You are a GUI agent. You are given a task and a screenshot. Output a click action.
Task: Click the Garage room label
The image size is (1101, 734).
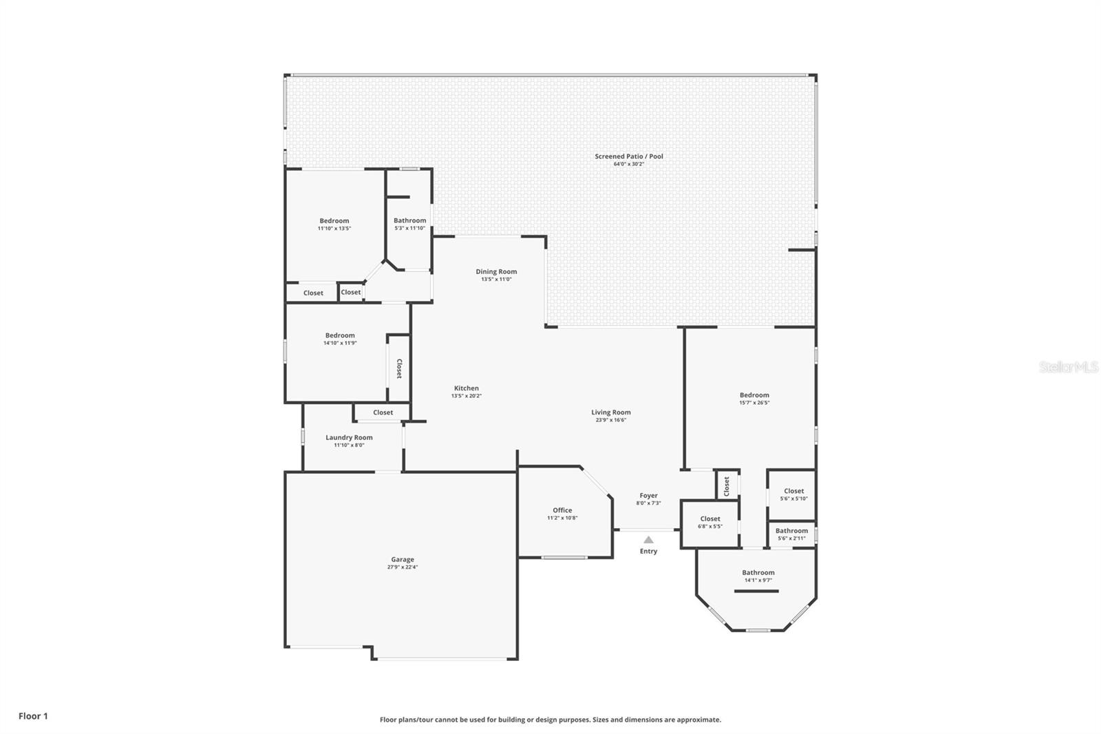[x=403, y=560]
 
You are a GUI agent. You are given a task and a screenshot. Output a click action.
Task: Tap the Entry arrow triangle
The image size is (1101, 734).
[x=648, y=540]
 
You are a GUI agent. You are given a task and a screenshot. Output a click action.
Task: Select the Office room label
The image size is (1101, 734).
[x=562, y=510]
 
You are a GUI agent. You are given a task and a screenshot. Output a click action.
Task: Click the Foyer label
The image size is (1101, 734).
[x=648, y=495]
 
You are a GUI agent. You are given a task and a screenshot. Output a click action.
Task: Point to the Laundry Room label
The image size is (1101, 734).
[x=349, y=437]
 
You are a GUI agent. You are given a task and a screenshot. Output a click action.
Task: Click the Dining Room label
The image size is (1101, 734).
[x=496, y=271]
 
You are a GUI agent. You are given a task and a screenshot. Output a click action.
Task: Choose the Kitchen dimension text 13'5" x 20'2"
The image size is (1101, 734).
[x=466, y=396]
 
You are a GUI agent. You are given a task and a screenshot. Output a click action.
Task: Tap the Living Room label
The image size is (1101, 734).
[x=610, y=412]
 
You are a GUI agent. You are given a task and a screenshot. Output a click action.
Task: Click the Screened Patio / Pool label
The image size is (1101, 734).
[x=629, y=156]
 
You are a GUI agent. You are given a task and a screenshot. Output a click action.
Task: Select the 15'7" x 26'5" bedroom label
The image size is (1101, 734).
[x=754, y=395]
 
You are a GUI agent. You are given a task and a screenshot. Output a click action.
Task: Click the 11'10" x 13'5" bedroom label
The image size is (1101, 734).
[x=334, y=221]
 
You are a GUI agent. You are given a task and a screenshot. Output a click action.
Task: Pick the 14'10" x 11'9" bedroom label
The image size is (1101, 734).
[x=340, y=335]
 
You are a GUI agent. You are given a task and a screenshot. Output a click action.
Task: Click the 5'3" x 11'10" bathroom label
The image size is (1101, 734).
[x=409, y=220]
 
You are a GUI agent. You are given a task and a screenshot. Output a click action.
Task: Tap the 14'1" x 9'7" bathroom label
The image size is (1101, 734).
[x=758, y=572]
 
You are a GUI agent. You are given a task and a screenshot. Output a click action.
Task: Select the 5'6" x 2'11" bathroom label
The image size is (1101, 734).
[x=791, y=531]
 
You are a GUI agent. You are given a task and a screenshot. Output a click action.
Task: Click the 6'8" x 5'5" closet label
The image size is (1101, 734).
[x=710, y=519]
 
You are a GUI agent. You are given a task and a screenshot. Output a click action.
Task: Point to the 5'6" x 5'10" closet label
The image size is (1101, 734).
[x=793, y=491]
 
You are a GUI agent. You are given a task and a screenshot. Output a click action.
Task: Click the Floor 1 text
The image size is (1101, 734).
[x=33, y=716]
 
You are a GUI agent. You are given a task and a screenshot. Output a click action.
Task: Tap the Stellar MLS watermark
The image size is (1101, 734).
[x=1068, y=367]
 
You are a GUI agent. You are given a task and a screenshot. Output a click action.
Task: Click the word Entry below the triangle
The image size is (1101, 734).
[x=648, y=551]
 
